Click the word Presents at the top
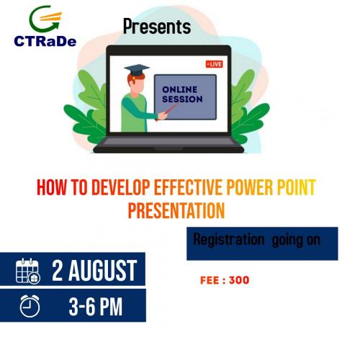[x=157, y=27]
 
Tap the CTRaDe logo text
[x=45, y=41]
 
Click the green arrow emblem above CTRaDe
[x=45, y=19]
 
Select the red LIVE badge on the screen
[x=215, y=64]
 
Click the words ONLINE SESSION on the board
[x=182, y=94]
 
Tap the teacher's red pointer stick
[x=167, y=112]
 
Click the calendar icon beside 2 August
[x=28, y=271]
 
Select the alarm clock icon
[x=30, y=306]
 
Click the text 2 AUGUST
[x=94, y=271]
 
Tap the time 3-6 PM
[x=96, y=306]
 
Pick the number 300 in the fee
[x=239, y=280]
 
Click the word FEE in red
[x=210, y=280]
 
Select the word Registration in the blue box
[x=229, y=240]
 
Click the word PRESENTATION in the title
[x=176, y=210]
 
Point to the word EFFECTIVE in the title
[x=188, y=187]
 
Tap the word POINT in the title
[x=297, y=187]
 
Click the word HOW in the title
[x=51, y=187]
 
